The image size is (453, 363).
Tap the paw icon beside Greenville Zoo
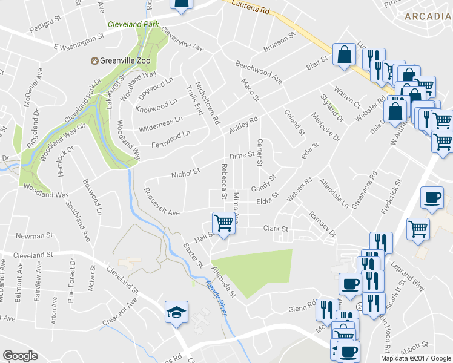[94, 60]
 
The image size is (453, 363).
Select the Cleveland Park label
[133, 25]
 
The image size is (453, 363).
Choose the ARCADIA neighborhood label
[428, 16]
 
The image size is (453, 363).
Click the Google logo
[20, 356]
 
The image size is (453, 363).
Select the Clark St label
[275, 228]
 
